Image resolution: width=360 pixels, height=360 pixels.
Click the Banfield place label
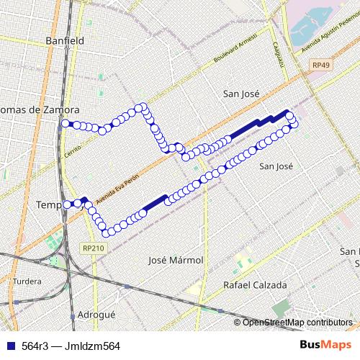coord(64,41)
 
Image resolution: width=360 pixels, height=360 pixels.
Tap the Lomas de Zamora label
coord(40,109)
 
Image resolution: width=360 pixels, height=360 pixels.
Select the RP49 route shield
coord(321,65)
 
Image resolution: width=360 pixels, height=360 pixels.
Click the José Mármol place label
coord(175,260)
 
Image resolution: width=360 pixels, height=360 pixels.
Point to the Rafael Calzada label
coord(255,285)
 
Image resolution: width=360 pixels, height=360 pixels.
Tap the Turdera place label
coord(27,281)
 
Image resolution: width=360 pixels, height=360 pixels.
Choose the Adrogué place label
coord(96,315)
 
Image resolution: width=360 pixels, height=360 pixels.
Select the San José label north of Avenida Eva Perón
coord(241,94)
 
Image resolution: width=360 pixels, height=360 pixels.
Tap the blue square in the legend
coord(9,346)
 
